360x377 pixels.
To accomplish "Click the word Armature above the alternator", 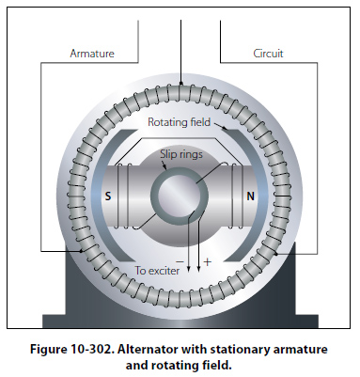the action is (92, 54).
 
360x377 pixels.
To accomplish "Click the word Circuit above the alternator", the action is (268, 54).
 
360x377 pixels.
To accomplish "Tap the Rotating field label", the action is (179, 122).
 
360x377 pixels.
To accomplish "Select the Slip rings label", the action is (181, 154).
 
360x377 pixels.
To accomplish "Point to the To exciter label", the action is (157, 271).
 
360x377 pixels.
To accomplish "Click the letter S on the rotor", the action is (108, 196).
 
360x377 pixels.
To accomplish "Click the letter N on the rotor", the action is (250, 196).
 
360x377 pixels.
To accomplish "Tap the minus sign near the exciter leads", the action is (180, 261).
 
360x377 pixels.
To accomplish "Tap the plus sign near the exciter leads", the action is (208, 261).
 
